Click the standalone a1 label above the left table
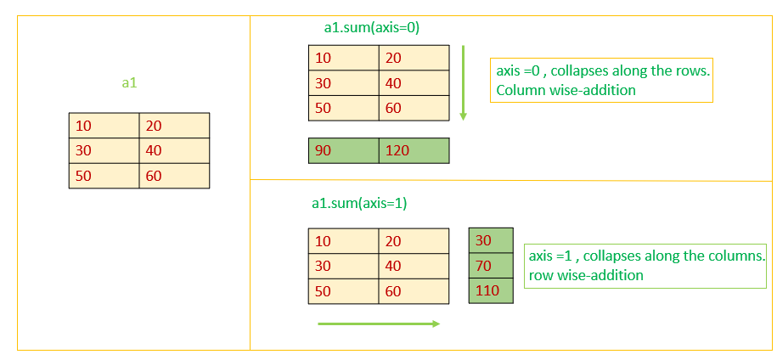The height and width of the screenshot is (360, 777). (x=130, y=82)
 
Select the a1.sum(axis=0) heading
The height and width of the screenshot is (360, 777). (x=372, y=27)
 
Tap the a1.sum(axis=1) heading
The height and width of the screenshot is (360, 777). (x=360, y=204)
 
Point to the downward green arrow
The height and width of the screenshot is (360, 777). (x=463, y=83)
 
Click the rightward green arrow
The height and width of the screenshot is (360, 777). (x=378, y=323)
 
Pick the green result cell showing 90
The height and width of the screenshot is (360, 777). (x=343, y=150)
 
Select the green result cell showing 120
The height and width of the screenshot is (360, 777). (x=414, y=150)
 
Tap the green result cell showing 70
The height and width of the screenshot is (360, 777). (x=492, y=266)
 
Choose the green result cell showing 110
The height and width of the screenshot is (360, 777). (x=492, y=291)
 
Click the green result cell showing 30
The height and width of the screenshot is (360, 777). (x=492, y=240)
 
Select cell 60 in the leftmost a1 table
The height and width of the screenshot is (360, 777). (x=174, y=176)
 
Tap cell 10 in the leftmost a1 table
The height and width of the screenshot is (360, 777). (x=104, y=126)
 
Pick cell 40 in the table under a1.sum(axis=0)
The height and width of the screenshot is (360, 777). (x=414, y=83)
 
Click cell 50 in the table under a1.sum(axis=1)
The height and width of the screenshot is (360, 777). (x=343, y=291)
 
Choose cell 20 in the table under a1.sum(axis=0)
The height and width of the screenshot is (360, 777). (x=414, y=58)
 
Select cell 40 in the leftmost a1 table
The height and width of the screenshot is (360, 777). (x=174, y=150)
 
